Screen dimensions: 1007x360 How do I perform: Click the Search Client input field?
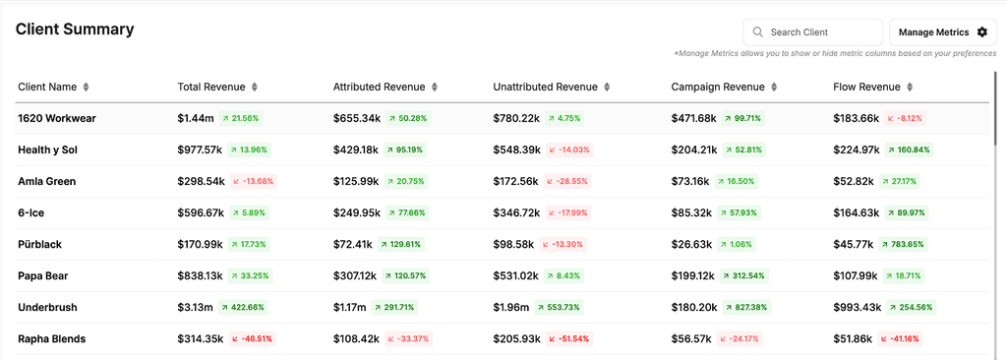coord(812,32)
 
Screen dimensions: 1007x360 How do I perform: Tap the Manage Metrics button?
coord(942,32)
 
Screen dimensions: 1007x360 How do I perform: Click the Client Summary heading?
coord(75,29)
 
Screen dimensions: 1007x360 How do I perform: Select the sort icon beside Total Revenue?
coord(255,87)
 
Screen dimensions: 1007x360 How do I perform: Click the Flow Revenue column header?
coord(866,87)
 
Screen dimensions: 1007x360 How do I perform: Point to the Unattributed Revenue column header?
coord(545,87)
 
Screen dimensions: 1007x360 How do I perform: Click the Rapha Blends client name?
coord(52,338)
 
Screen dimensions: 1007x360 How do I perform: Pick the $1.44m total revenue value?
coord(196,118)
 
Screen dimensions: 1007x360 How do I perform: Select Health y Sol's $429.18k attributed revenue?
coord(356,150)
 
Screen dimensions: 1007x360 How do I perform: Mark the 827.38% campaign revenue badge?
coord(746,307)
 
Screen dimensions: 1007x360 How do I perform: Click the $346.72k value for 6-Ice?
coord(516,212)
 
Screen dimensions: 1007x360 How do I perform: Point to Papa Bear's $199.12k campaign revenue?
coord(693,275)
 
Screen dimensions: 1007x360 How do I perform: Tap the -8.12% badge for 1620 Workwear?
coord(906,118)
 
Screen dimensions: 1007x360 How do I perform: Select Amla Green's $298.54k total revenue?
coord(201,181)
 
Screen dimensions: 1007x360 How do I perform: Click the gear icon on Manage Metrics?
coord(982,32)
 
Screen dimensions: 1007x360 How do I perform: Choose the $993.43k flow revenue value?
coord(856,307)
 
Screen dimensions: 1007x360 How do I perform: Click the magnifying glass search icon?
coord(758,32)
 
